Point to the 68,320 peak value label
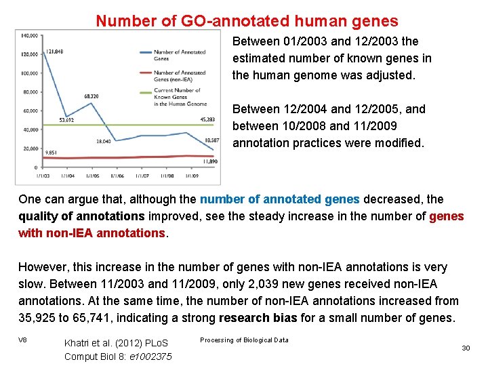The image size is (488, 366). point(93,96)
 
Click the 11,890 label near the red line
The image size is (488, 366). point(211,163)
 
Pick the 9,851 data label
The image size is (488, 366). point(51,153)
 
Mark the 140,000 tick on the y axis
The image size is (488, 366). point(29,35)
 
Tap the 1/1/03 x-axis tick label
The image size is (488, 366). point(43,176)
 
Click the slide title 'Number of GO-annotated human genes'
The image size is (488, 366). point(247,21)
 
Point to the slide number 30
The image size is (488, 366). point(466,348)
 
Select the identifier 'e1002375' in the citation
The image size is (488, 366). point(152,357)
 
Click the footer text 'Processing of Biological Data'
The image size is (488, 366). point(244,340)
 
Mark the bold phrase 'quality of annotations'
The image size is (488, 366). point(81,216)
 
